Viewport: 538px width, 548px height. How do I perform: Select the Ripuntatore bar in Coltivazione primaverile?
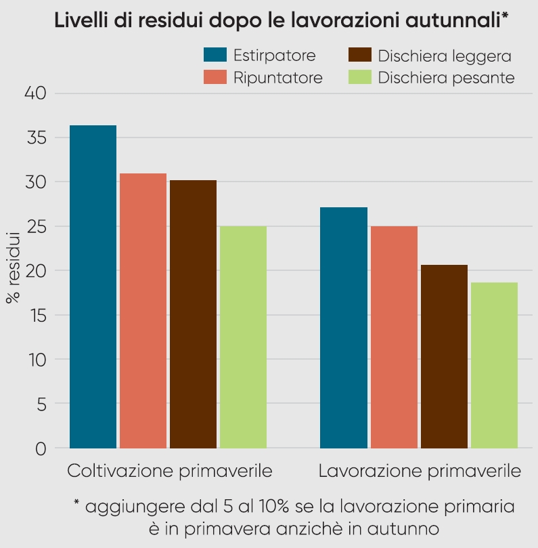point(143,311)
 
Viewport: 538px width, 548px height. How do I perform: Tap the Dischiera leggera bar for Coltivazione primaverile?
point(193,314)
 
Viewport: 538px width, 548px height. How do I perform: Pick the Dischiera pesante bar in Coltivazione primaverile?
point(243,337)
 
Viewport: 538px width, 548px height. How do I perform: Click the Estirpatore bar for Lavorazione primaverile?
point(343,328)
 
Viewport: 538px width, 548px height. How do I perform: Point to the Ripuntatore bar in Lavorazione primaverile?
point(393,337)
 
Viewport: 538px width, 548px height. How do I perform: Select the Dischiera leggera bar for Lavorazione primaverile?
point(444,356)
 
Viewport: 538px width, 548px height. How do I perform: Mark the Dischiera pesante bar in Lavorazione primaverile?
point(494,365)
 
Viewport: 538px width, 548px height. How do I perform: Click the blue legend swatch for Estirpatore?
point(215,56)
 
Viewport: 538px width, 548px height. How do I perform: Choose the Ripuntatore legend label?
point(277,77)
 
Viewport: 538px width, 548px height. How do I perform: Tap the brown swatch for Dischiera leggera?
point(359,56)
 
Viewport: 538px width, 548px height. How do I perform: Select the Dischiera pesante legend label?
point(446,77)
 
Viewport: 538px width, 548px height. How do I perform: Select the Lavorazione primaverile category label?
point(420,471)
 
